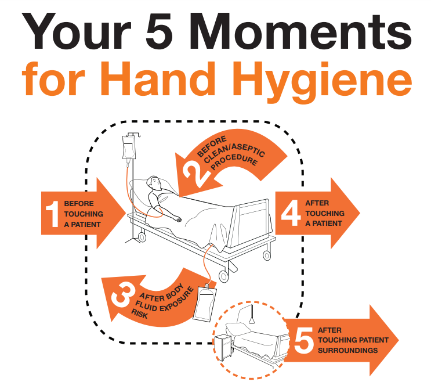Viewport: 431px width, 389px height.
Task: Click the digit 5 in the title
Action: click(160, 31)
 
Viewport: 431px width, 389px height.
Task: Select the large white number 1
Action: click(53, 214)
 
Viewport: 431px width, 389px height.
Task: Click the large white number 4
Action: click(291, 213)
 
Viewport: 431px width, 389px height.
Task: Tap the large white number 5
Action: click(304, 340)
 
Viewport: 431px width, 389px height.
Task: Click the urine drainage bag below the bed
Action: click(205, 302)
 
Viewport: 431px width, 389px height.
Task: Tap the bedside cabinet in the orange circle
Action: click(223, 347)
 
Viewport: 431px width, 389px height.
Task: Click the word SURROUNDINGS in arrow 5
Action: click(347, 351)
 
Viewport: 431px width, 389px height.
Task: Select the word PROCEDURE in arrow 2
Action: click(234, 163)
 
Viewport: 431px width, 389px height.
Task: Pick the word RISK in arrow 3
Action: click(140, 314)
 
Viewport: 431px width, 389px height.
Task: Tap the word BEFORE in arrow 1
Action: click(79, 204)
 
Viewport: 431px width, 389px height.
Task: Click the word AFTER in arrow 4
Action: click(317, 203)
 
